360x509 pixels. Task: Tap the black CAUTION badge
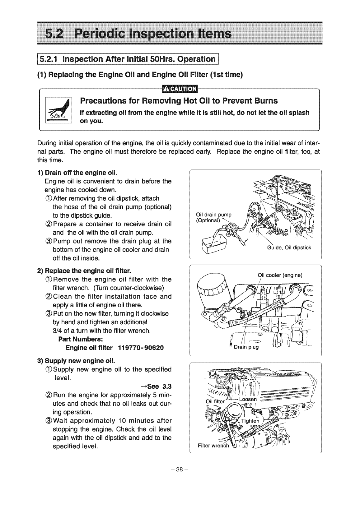tap(180, 89)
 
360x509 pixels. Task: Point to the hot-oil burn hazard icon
tap(58, 111)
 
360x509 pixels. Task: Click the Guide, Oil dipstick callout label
tap(289, 248)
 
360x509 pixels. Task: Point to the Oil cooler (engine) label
tap(280, 275)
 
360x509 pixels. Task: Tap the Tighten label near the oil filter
tap(250, 421)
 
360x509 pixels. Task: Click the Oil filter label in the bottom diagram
tap(215, 401)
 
